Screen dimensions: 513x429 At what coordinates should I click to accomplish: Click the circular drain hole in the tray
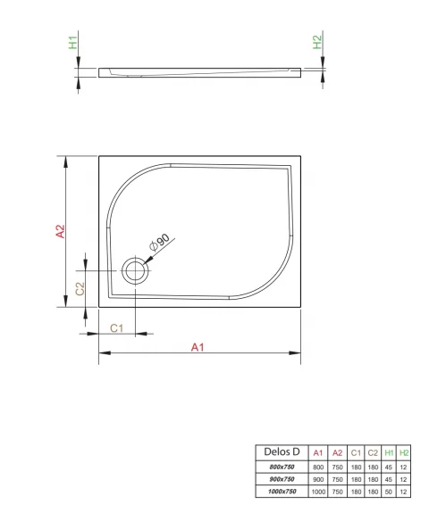[x=136, y=272]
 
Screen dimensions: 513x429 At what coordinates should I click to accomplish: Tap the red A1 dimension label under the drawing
[x=198, y=348]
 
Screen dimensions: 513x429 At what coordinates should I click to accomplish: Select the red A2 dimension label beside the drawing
[x=60, y=232]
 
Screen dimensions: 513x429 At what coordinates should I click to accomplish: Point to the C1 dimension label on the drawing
[x=116, y=327]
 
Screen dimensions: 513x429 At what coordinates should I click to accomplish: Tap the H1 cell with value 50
[x=389, y=492]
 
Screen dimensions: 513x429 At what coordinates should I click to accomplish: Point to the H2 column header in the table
[x=405, y=452]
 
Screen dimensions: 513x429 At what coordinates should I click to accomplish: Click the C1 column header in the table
[x=356, y=452]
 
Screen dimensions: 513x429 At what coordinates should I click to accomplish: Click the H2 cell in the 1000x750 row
[x=405, y=492]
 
